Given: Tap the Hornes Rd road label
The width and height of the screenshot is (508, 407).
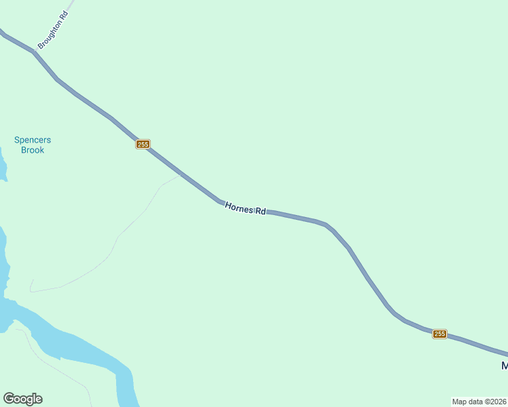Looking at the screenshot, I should coord(244,208).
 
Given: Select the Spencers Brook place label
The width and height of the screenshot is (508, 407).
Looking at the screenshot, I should coord(33,145).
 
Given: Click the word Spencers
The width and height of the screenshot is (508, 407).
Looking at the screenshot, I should coord(33,140).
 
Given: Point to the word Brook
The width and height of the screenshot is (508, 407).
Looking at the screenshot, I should coord(33,150).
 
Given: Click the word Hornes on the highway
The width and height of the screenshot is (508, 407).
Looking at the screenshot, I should coord(238,206).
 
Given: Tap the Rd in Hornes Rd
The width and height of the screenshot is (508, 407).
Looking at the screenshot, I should coord(260,211).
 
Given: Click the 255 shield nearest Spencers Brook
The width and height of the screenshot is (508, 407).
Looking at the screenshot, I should coord(143,144).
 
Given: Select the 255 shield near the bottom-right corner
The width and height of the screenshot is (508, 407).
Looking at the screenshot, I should coord(439,334).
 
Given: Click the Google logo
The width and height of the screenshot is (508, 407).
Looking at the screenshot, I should coord(22,399).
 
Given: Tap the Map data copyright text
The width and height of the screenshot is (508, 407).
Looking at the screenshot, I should coord(479,402).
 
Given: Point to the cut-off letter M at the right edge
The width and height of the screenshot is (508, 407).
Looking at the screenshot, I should coord(505,366).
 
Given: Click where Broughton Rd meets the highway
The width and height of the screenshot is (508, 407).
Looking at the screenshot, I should coord(33,51).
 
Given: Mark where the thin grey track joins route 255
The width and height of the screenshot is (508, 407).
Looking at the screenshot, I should coord(180,174).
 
